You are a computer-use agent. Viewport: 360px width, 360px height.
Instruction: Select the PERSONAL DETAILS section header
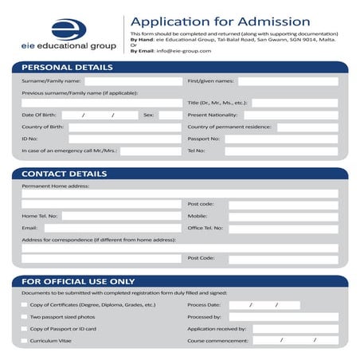(68, 67)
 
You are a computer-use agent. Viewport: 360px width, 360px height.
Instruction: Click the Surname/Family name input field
(133, 81)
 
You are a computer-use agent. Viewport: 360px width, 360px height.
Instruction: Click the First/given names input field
(288, 81)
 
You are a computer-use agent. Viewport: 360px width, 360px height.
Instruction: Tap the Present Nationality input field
(288, 115)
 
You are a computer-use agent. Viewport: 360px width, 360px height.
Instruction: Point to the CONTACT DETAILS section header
(65, 174)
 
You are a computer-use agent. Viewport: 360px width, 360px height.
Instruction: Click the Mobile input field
(283, 216)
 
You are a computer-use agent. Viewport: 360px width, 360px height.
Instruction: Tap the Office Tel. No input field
(283, 228)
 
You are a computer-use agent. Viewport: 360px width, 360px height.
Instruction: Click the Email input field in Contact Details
(112, 228)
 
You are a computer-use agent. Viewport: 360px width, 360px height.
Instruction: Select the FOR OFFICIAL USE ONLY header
(78, 281)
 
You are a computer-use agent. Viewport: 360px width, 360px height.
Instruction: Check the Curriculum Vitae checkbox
(24, 341)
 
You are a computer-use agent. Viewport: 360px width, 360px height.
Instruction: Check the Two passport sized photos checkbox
(24, 316)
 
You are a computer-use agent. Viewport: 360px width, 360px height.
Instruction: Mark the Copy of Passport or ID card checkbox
(24, 328)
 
